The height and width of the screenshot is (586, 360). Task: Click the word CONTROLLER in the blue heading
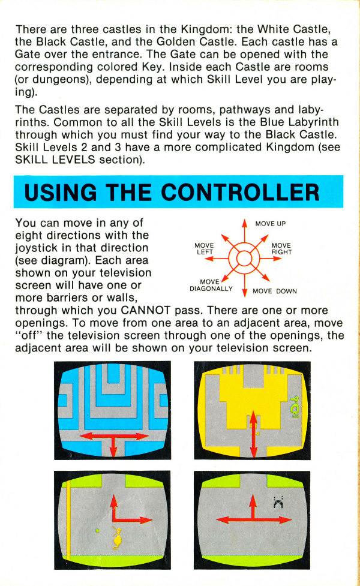click(x=241, y=193)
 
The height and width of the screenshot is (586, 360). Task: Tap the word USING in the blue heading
click(x=61, y=193)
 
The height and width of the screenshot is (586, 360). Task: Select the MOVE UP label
click(x=270, y=224)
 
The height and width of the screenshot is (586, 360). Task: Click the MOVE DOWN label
click(x=274, y=291)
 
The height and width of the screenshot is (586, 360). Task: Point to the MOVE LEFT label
click(x=204, y=249)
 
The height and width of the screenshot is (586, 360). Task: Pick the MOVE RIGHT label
click(x=281, y=249)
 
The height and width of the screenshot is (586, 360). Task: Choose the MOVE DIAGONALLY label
click(x=211, y=285)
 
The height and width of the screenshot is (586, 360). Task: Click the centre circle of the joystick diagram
click(x=244, y=259)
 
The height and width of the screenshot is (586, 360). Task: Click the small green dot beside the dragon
click(x=98, y=530)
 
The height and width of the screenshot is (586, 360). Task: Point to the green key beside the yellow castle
click(x=295, y=407)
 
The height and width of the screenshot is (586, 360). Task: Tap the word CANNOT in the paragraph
click(x=146, y=311)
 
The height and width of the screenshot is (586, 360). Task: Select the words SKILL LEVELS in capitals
click(x=55, y=160)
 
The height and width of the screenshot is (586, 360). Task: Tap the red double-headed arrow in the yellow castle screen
click(x=253, y=434)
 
